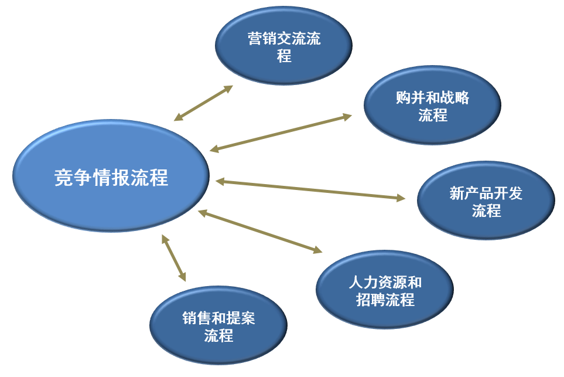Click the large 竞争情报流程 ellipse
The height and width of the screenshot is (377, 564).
click(111, 176)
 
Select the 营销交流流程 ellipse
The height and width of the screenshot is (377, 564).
click(283, 45)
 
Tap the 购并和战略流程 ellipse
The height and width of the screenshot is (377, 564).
click(432, 105)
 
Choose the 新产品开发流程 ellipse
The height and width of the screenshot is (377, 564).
click(486, 200)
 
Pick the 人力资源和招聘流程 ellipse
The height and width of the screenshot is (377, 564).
click(385, 290)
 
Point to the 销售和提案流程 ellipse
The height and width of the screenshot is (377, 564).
click(218, 325)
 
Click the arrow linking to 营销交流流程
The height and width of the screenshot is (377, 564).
click(204, 103)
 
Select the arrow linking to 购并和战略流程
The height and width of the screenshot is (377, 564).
click(281, 133)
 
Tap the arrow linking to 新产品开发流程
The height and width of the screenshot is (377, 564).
click(310, 189)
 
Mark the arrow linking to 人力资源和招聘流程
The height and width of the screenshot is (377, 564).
click(260, 231)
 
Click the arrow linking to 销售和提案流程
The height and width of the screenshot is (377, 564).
click(174, 258)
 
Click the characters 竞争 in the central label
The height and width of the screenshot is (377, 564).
click(73, 178)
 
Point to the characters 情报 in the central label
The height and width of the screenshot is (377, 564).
click(111, 178)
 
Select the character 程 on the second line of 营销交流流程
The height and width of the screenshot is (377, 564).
click(284, 56)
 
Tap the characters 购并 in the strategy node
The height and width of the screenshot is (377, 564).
click(411, 97)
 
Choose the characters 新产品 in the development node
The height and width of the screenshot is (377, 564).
click(471, 193)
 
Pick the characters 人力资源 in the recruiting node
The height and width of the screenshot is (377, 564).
click(377, 282)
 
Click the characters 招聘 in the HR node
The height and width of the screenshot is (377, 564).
click(371, 300)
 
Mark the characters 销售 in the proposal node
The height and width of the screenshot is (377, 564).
click(197, 318)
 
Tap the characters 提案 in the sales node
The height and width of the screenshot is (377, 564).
click(241, 318)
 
